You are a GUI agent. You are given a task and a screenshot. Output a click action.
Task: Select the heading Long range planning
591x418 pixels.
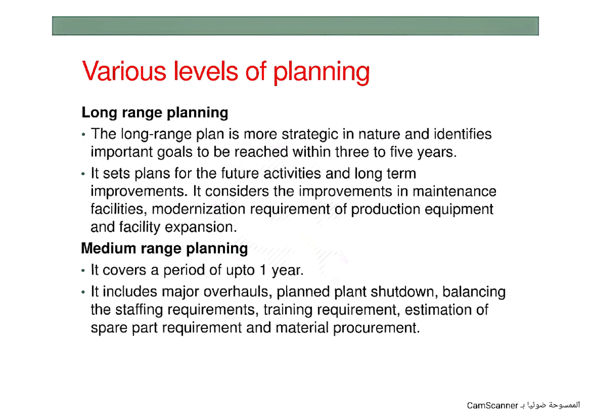click(155, 113)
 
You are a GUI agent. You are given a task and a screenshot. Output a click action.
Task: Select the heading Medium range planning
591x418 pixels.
click(164, 248)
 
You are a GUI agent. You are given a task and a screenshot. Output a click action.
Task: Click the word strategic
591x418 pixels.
click(309, 134)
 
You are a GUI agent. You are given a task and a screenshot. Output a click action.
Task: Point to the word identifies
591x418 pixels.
click(463, 134)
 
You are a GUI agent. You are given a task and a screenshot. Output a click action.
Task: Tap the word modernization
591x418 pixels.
click(198, 209)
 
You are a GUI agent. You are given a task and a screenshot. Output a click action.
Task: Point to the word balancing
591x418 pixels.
click(474, 292)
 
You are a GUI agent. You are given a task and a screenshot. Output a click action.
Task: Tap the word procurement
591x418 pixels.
click(377, 328)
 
